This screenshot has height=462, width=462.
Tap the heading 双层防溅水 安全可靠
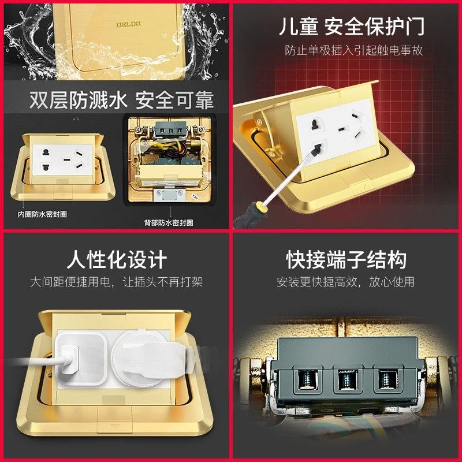(x=121, y=100)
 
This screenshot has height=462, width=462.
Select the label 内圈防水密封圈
(x=42, y=214)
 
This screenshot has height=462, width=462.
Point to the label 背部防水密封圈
(x=169, y=222)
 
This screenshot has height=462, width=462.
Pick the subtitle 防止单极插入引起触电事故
(x=353, y=50)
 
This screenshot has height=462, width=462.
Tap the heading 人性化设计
(x=116, y=259)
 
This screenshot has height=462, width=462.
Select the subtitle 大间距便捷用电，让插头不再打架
(x=116, y=282)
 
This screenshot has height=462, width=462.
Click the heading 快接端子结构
(x=346, y=259)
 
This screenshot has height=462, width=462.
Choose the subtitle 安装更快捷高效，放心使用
(x=346, y=282)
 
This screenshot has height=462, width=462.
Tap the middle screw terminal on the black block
(x=346, y=381)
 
